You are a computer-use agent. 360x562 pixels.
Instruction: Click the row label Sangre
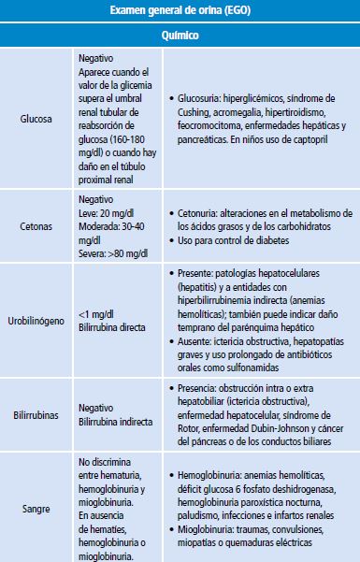click(36, 508)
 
